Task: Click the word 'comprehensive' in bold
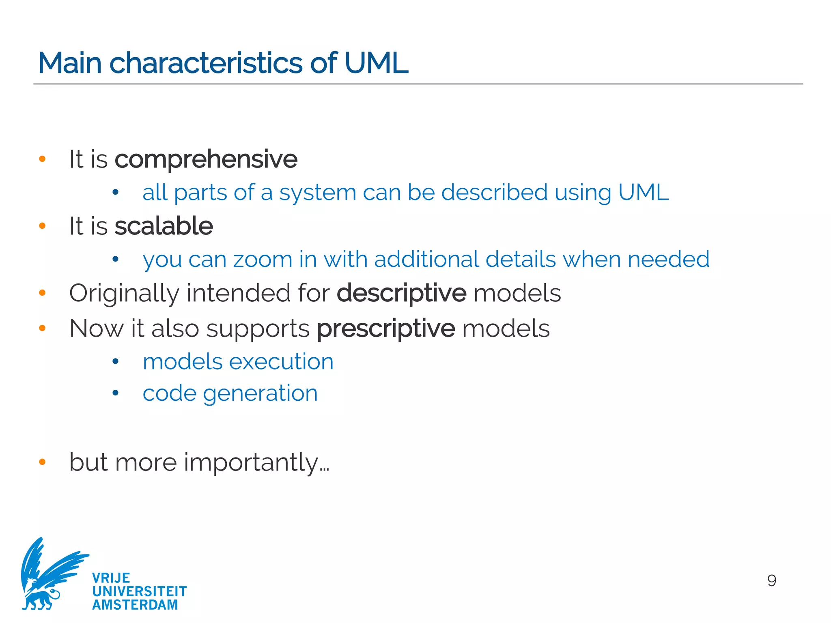click(206, 159)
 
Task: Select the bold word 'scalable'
click(164, 226)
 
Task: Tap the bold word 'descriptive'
click(401, 293)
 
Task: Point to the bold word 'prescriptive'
click(386, 328)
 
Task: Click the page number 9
click(772, 580)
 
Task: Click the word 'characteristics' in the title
click(206, 63)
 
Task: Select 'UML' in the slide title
click(376, 63)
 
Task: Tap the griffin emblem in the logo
click(49, 574)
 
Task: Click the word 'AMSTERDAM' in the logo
click(135, 605)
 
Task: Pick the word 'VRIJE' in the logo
click(111, 578)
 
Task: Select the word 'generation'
click(260, 393)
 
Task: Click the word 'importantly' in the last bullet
click(252, 462)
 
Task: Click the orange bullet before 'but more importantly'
click(42, 462)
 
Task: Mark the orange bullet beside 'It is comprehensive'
click(42, 159)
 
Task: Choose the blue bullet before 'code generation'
click(116, 393)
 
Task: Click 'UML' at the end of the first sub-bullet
click(643, 192)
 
